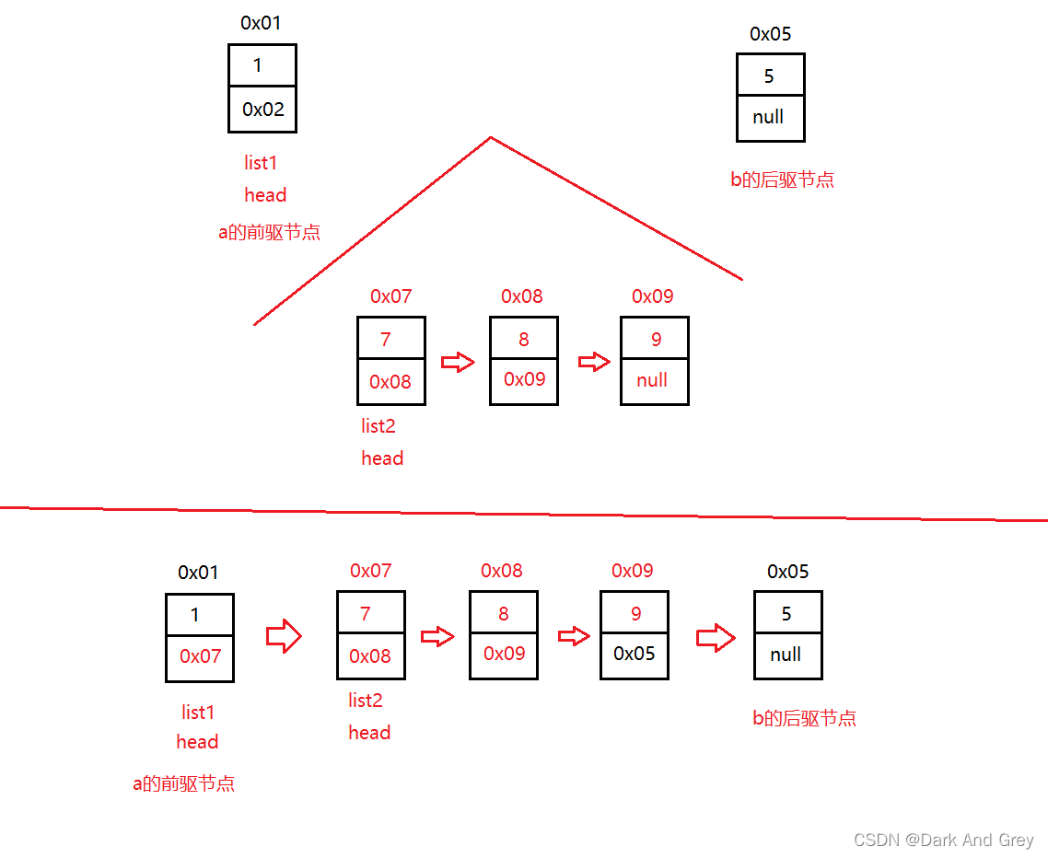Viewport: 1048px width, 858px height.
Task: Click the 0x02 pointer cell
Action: [x=262, y=109]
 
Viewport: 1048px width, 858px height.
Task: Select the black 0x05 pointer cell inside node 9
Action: [x=635, y=655]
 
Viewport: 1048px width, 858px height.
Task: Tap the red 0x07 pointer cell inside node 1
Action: [x=200, y=657]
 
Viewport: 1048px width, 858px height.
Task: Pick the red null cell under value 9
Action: [x=655, y=381]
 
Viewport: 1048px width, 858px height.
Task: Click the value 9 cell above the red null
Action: [x=655, y=338]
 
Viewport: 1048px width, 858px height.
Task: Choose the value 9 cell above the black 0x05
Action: [x=635, y=612]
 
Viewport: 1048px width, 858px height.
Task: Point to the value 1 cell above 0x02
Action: [x=262, y=65]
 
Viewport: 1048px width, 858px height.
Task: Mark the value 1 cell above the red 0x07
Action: [x=200, y=615]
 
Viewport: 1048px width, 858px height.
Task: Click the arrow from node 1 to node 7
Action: [x=284, y=635]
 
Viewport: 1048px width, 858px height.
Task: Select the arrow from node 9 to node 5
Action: [x=716, y=637]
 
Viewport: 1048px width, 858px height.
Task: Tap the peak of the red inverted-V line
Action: [x=491, y=138]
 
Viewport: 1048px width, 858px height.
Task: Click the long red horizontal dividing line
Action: [x=524, y=514]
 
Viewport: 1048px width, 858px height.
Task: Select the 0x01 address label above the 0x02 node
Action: [x=261, y=23]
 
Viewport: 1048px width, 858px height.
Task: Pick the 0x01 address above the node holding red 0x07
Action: [x=198, y=573]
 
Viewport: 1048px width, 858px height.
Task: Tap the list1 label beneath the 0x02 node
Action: [x=261, y=162]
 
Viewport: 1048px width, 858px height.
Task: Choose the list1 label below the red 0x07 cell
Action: [x=198, y=713]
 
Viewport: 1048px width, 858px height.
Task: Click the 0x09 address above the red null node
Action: [x=652, y=296]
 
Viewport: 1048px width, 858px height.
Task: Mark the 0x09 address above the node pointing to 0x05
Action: [x=633, y=571]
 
